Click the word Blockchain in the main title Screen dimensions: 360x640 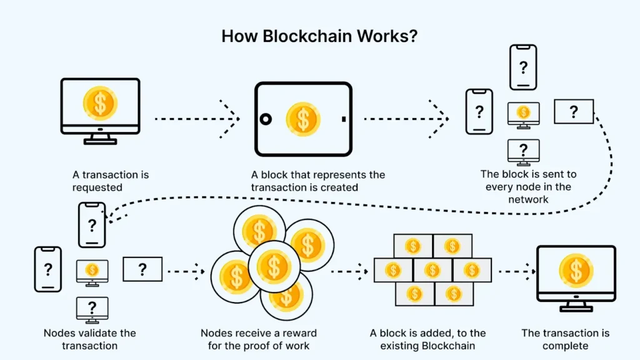299,36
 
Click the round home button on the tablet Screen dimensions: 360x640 266,119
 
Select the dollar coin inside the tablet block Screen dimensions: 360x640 303,119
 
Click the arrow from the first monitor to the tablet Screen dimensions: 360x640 197,117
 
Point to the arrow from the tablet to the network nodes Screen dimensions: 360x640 406,117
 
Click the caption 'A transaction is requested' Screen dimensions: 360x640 110,181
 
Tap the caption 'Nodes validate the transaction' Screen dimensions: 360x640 89,339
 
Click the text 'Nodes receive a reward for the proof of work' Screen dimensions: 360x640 259,339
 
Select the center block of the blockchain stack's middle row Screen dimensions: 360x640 432,270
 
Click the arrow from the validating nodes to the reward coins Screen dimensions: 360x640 186,271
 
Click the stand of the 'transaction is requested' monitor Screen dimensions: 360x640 100,140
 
